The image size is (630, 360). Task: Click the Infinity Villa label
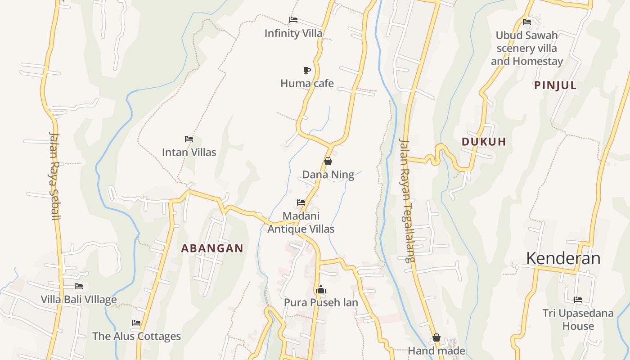tap(293, 33)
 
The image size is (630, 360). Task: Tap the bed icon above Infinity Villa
tap(293, 20)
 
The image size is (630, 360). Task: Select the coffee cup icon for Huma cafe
tap(307, 70)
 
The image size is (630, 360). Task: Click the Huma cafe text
tap(307, 83)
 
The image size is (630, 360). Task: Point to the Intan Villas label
tap(189, 152)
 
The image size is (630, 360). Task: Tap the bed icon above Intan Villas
tap(189, 139)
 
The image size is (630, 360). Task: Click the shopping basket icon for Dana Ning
tap(328, 161)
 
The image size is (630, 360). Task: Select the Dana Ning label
tap(328, 175)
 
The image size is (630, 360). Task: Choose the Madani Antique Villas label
tap(301, 222)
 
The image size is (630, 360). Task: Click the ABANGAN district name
tap(212, 248)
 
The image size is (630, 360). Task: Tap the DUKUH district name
tap(484, 142)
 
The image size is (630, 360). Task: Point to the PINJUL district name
tap(555, 85)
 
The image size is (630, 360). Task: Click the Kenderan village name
tap(563, 258)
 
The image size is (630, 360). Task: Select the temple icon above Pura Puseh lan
tap(321, 289)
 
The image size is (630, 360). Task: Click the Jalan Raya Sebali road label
tap(54, 175)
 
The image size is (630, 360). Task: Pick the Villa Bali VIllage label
tap(79, 299)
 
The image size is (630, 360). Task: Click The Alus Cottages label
tap(136, 336)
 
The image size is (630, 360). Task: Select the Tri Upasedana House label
tap(578, 319)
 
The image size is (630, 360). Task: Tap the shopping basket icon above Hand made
tap(436, 337)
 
